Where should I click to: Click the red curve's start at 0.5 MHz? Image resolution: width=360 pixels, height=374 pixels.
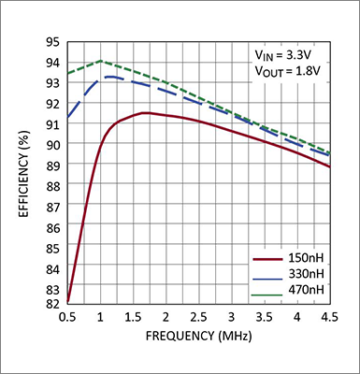pos(68,301)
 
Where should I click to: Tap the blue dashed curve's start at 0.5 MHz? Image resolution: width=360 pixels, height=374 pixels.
pos(68,118)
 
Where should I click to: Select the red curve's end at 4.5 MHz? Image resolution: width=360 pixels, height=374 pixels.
pos(328,166)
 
